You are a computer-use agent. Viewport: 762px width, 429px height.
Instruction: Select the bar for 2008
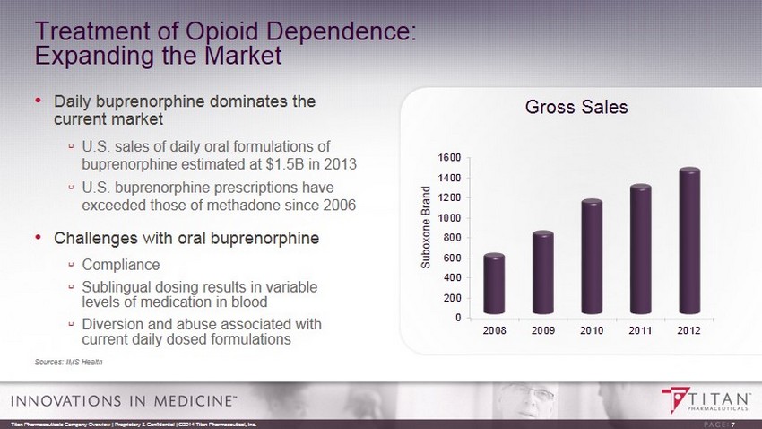click(494, 285)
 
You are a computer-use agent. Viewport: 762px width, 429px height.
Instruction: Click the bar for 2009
click(542, 274)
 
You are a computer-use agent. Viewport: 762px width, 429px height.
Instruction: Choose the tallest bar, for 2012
click(688, 242)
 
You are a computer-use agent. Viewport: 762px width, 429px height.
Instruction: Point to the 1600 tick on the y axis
click(450, 158)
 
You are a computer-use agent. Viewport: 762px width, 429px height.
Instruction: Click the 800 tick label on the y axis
click(453, 238)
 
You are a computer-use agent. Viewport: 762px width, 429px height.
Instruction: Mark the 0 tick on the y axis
click(458, 318)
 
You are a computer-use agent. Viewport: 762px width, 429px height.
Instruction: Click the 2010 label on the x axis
click(591, 332)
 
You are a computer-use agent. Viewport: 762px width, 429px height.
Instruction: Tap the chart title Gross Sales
click(576, 107)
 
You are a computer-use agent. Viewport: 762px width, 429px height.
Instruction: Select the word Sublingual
click(115, 286)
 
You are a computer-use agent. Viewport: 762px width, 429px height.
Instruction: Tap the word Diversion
click(113, 324)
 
